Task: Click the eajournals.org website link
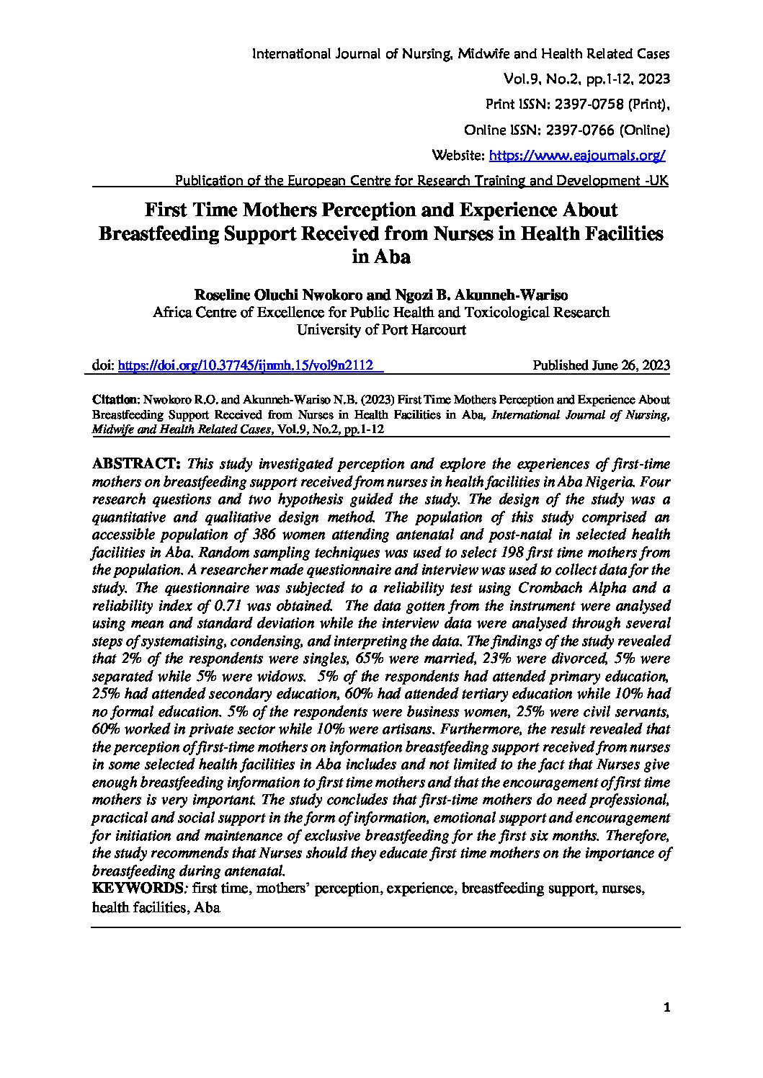(577, 155)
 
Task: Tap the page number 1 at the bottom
(666, 1009)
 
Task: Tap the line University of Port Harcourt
(381, 330)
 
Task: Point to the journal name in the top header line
(460, 54)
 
